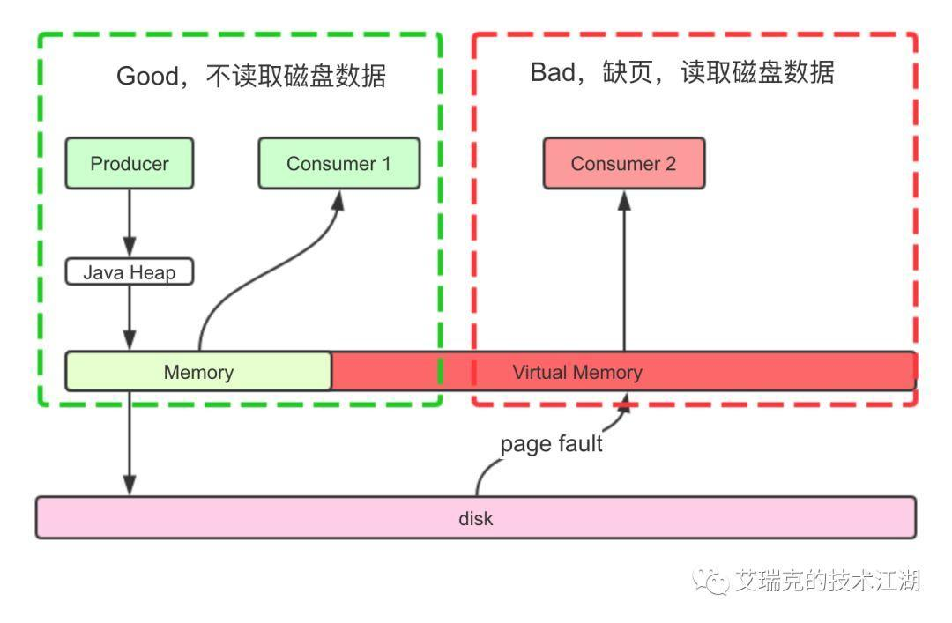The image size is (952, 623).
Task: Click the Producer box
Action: coord(130,163)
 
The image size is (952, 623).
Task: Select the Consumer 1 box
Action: coord(338,163)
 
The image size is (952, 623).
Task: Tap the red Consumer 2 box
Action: coord(623,163)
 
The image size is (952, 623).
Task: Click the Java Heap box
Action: coord(130,272)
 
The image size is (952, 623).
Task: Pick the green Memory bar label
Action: coord(198,372)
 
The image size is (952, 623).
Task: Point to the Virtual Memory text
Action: coord(577,372)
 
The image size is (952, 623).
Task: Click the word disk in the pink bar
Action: coord(475,518)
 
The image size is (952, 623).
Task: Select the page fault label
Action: coord(551,443)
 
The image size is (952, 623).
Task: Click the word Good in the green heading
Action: coord(146,77)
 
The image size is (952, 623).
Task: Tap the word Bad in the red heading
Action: coord(552,72)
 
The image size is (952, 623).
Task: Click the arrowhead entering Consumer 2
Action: coord(624,200)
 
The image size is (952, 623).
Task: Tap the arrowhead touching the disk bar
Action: coord(130,485)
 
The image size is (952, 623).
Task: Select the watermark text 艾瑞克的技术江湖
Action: coord(828,581)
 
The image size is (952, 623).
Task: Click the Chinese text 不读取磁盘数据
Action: coord(295,77)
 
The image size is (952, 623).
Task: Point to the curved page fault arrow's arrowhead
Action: coord(627,402)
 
